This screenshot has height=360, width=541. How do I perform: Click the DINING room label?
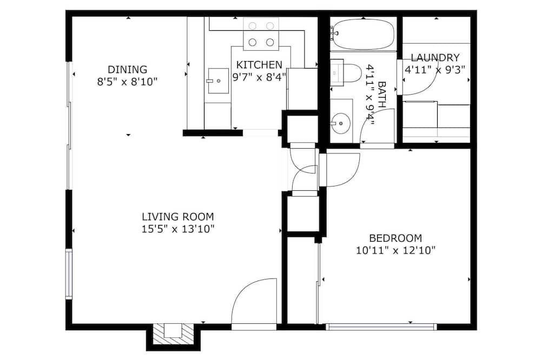(127, 70)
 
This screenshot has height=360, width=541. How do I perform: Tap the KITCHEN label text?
(259, 65)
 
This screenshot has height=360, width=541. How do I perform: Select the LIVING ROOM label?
(177, 217)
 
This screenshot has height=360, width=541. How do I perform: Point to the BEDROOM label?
(395, 238)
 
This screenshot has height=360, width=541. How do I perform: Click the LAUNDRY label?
(435, 58)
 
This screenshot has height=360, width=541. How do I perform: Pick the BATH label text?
(382, 95)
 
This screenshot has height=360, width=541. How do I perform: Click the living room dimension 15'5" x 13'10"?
(178, 229)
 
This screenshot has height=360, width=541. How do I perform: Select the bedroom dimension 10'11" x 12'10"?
(395, 250)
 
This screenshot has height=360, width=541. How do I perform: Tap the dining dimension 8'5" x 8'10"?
(127, 82)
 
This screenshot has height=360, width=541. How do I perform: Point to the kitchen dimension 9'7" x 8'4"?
(260, 77)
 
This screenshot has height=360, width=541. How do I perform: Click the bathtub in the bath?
(363, 34)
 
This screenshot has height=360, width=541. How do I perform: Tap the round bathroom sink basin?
(341, 122)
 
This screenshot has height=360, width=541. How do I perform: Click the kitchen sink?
(218, 81)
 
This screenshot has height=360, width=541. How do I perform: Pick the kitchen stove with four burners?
(261, 34)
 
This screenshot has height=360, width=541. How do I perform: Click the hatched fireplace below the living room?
(173, 334)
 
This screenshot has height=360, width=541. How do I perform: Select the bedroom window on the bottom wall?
(381, 326)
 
